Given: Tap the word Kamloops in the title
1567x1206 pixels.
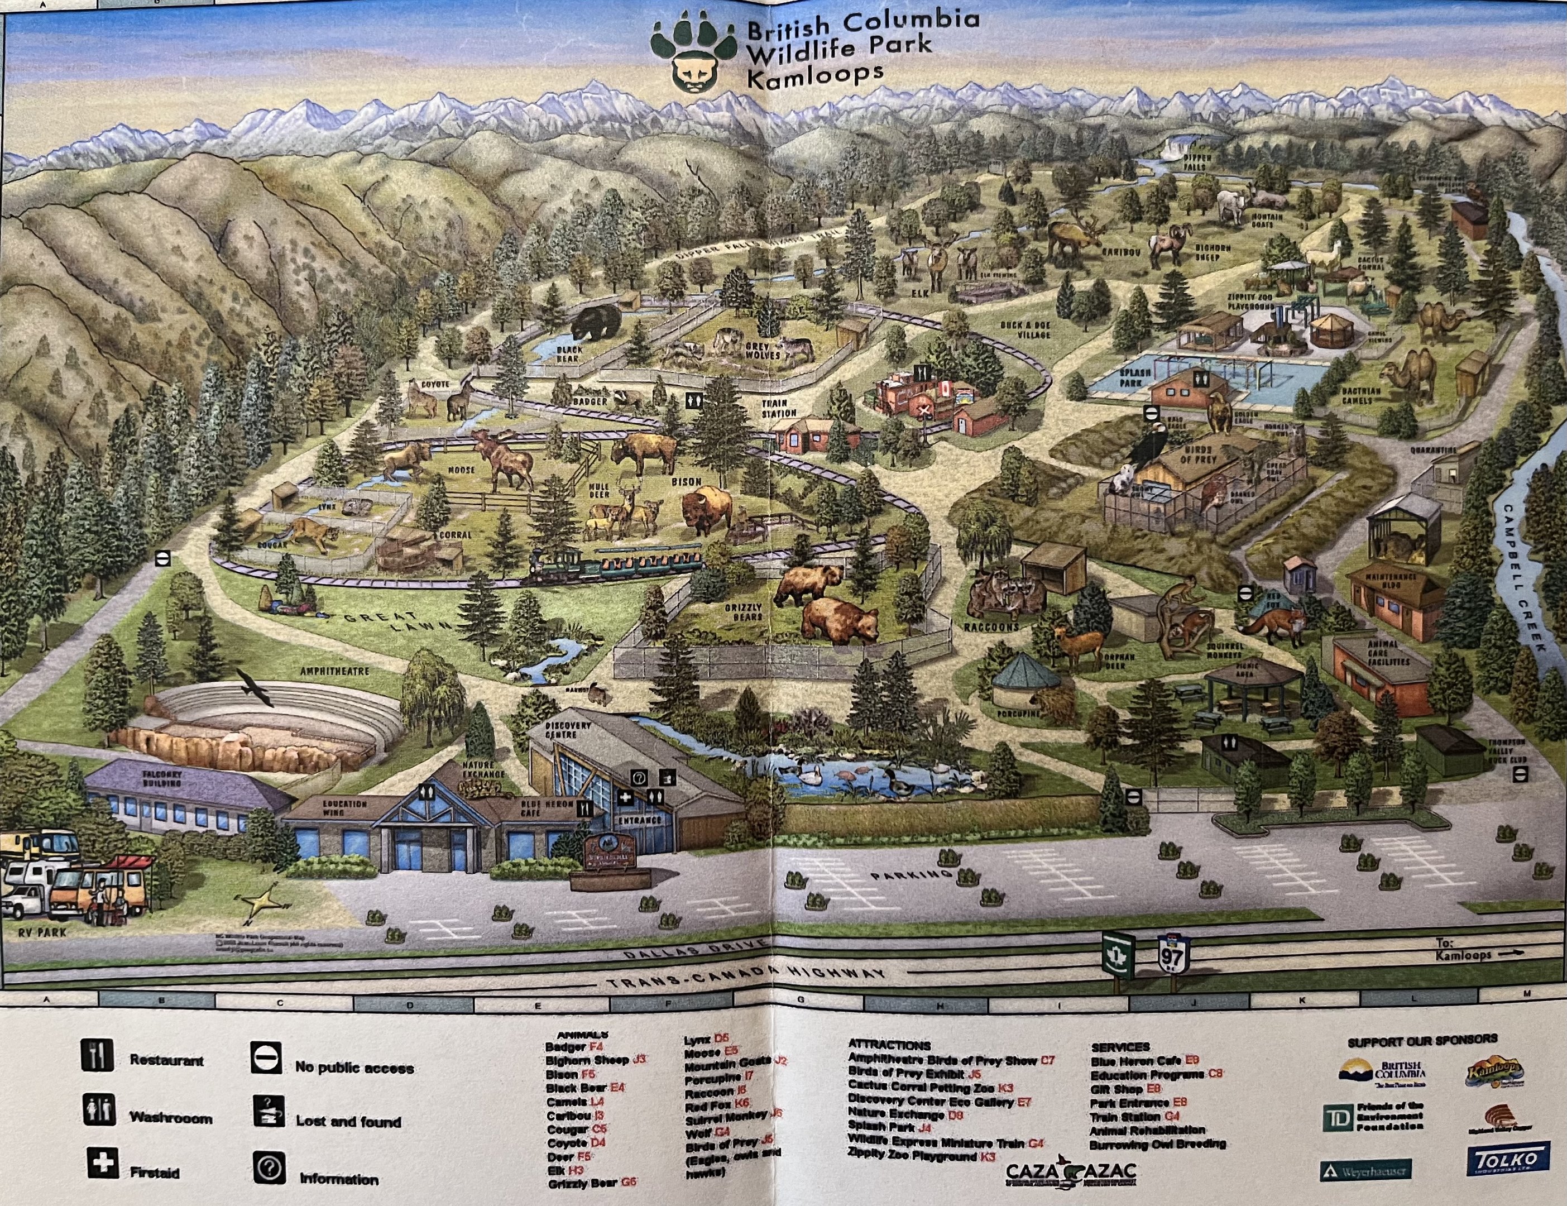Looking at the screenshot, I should click(x=815, y=75).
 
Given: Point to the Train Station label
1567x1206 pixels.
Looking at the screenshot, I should click(x=779, y=408).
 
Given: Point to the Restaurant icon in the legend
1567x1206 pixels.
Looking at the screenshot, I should click(x=97, y=1055).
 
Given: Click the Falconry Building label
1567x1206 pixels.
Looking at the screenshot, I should click(x=162, y=779).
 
